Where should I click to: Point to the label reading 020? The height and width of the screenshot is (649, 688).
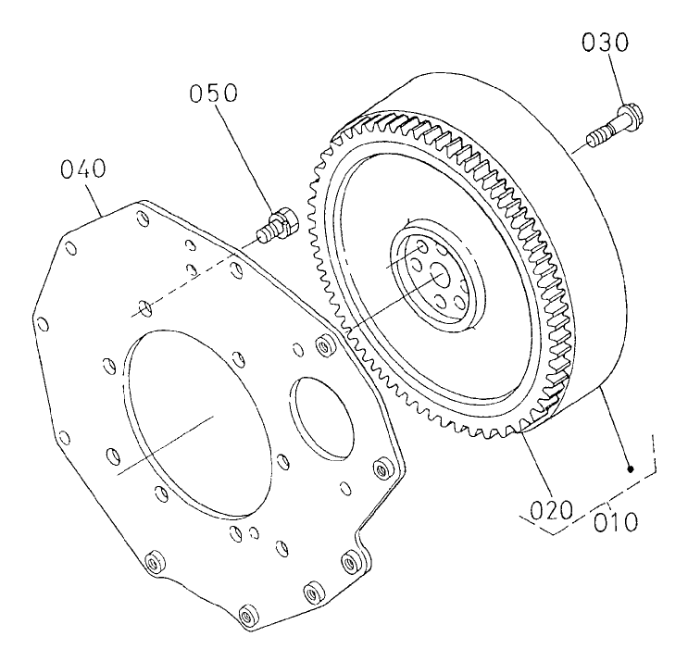click(547, 509)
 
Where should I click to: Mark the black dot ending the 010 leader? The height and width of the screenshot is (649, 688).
click(631, 469)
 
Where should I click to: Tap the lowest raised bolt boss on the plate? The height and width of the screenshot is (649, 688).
click(246, 614)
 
